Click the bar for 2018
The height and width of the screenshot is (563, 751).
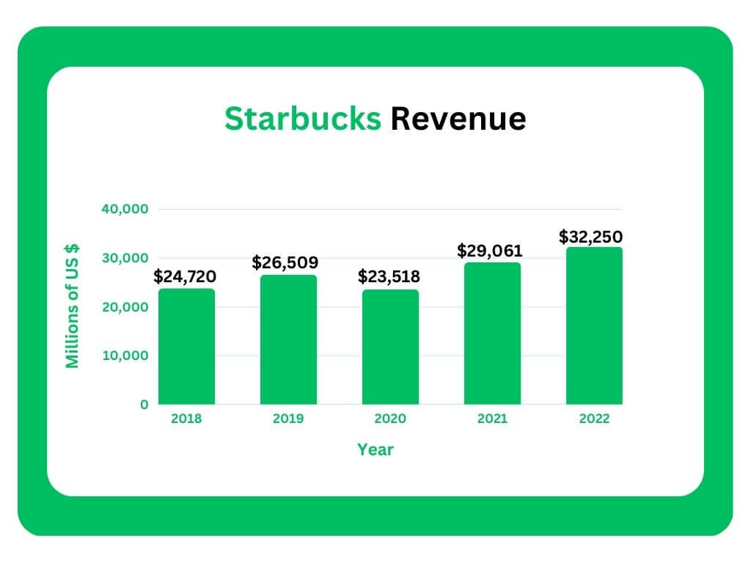[x=186, y=346]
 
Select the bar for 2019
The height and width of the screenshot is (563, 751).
[x=288, y=339]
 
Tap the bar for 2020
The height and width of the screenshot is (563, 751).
[x=390, y=347]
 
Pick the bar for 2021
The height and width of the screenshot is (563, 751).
[x=492, y=334]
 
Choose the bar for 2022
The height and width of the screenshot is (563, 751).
[x=594, y=325]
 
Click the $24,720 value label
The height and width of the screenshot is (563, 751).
[x=185, y=278]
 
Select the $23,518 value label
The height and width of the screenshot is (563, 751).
[x=389, y=277]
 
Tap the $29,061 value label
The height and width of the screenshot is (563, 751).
[x=490, y=251]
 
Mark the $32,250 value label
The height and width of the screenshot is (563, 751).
[x=590, y=237]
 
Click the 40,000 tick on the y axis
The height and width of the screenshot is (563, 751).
[x=125, y=209]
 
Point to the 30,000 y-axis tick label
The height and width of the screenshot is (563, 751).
[x=125, y=258]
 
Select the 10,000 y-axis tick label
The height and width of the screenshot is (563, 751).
[x=125, y=356]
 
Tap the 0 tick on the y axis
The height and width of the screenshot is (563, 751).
[x=144, y=405]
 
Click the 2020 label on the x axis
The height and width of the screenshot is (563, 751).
[x=390, y=420]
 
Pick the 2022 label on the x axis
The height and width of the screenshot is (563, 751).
[x=594, y=420]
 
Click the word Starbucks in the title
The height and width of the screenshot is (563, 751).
[x=302, y=119]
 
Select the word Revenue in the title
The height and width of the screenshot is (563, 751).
[x=458, y=119]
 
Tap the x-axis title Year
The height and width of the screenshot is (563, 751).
[x=375, y=449]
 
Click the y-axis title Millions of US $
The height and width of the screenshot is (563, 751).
[x=73, y=306]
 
